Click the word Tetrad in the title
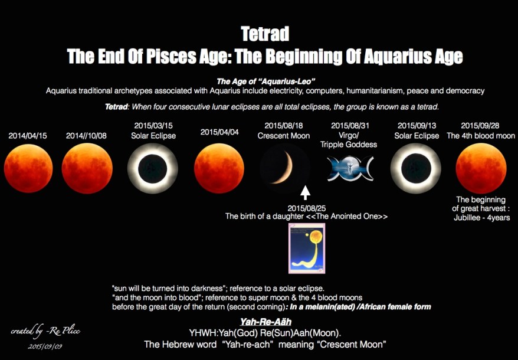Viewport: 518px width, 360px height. coord(265,34)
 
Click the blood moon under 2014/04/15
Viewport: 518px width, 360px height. coord(28,168)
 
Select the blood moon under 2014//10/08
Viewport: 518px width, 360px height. coord(87,168)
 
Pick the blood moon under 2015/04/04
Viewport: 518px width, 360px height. coord(219,168)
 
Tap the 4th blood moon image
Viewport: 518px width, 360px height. coord(481,168)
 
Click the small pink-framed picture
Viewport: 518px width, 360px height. coord(306,248)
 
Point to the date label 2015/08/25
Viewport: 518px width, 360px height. coord(306,208)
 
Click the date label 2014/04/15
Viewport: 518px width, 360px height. coord(28,136)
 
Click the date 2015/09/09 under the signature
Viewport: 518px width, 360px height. coord(45,346)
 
